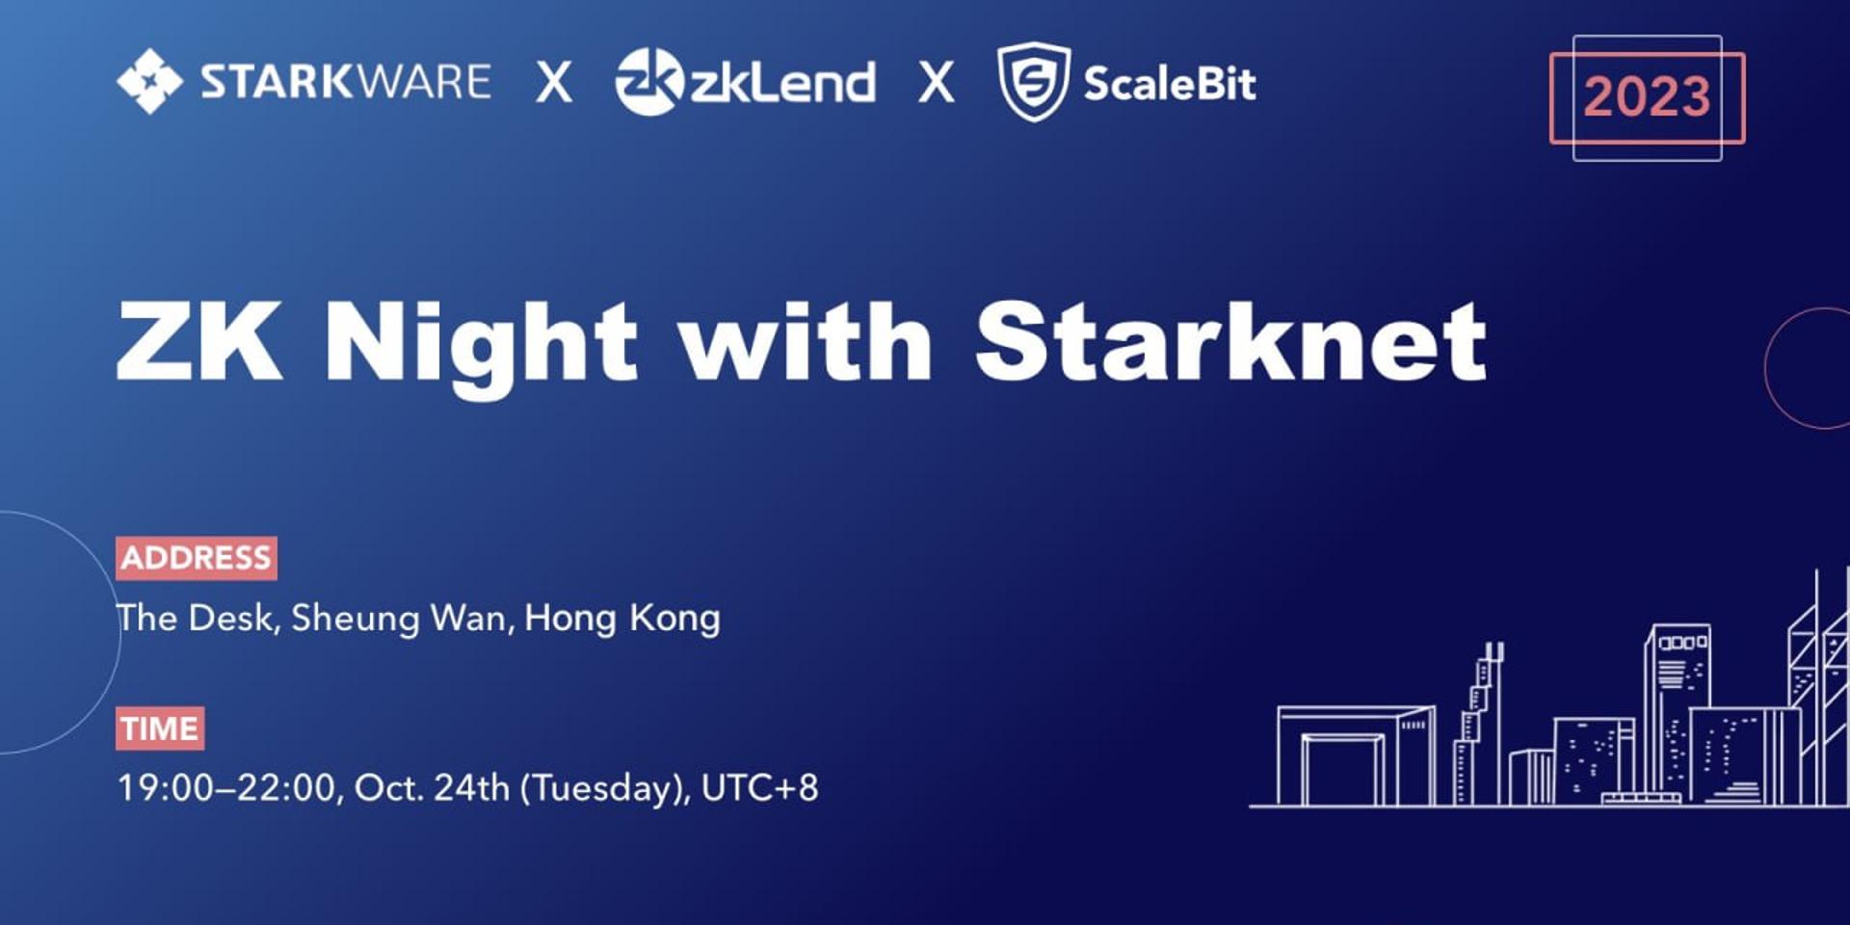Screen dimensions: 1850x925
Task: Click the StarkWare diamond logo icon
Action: (x=149, y=81)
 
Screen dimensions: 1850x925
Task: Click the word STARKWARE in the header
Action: (x=346, y=82)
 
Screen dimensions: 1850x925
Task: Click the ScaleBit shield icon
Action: (x=1033, y=82)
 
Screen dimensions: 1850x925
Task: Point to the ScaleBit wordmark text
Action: (x=1170, y=83)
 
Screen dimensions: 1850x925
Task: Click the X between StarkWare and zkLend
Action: (x=554, y=82)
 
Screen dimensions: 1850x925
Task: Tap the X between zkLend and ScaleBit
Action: (x=937, y=82)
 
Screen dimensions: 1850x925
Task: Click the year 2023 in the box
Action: (x=1648, y=96)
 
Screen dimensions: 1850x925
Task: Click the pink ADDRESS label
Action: (x=197, y=558)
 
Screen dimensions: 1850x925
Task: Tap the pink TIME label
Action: (x=160, y=728)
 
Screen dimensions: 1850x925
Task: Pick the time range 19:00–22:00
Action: (x=225, y=788)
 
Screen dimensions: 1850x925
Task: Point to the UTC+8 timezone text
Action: (x=760, y=788)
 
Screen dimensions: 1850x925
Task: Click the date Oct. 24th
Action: (x=432, y=788)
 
